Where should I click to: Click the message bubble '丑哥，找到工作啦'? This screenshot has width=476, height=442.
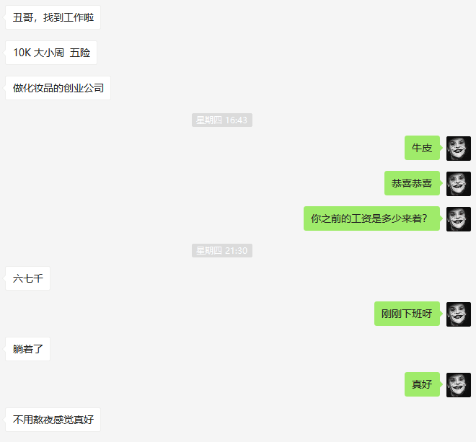(x=53, y=17)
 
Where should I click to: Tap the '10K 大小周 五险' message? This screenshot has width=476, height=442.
(x=51, y=53)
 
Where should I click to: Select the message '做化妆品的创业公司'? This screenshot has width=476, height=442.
(x=58, y=89)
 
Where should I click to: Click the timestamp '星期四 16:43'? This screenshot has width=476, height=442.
(x=222, y=120)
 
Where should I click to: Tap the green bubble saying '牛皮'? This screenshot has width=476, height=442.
(x=422, y=148)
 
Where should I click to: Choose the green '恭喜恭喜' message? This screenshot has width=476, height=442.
(x=412, y=183)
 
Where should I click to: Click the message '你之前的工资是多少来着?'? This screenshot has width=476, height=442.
(x=371, y=218)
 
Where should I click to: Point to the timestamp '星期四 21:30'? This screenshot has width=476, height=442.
(x=222, y=251)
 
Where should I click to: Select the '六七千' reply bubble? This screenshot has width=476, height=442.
(x=27, y=278)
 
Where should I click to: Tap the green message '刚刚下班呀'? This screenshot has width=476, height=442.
(x=407, y=314)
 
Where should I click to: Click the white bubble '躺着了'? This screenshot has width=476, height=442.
(x=27, y=349)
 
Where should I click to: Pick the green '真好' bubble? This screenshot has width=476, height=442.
(x=422, y=384)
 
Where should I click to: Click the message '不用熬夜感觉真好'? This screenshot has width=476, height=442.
(x=53, y=420)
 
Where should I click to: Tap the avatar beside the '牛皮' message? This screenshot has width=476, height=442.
(x=459, y=148)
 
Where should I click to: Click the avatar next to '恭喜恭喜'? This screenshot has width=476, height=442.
(x=459, y=183)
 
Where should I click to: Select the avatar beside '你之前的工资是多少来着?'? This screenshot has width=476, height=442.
(x=459, y=218)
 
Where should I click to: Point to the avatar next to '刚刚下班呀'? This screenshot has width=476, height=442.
(x=459, y=314)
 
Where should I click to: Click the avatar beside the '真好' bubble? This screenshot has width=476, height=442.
(x=459, y=384)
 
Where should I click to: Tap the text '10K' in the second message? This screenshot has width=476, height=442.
(x=22, y=53)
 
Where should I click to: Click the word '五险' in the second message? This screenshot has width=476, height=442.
(x=80, y=53)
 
